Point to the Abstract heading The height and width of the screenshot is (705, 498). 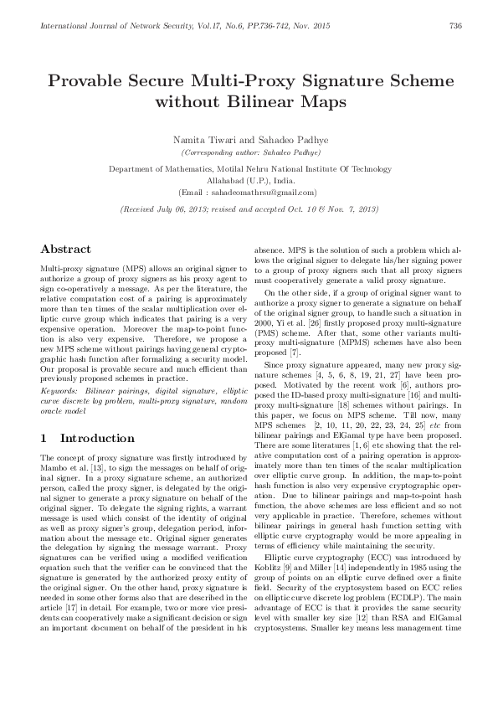tap(66, 250)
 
